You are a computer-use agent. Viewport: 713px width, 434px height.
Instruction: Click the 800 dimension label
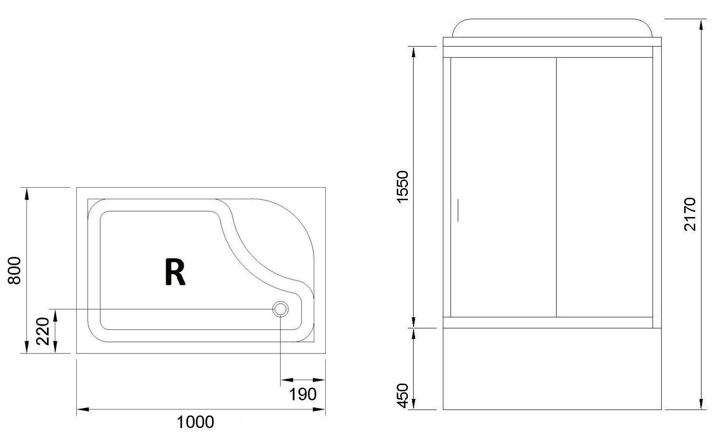[15, 271]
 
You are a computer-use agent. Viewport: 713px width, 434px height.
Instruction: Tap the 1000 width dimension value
[195, 422]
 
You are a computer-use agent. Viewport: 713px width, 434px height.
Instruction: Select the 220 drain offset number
[43, 331]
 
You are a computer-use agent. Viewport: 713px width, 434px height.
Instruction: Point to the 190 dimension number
[303, 395]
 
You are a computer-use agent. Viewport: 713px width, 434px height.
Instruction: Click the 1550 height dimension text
[403, 187]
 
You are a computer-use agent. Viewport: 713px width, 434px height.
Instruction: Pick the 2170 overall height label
[690, 214]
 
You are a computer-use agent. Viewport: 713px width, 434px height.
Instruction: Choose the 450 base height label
[403, 396]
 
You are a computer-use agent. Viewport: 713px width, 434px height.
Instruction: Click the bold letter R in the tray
[175, 272]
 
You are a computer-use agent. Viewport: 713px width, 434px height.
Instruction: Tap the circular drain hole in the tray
[280, 309]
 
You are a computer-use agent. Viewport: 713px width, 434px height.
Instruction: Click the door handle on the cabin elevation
[458, 210]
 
